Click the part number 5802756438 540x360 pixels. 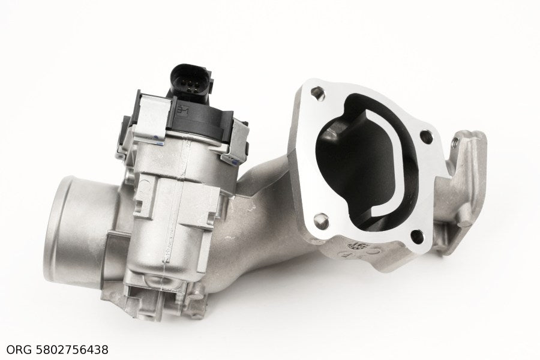pos(72,350)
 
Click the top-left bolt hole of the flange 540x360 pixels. pos(317,93)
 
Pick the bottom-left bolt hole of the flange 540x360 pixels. pos(322,221)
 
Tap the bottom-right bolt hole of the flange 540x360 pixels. pos(418,236)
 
